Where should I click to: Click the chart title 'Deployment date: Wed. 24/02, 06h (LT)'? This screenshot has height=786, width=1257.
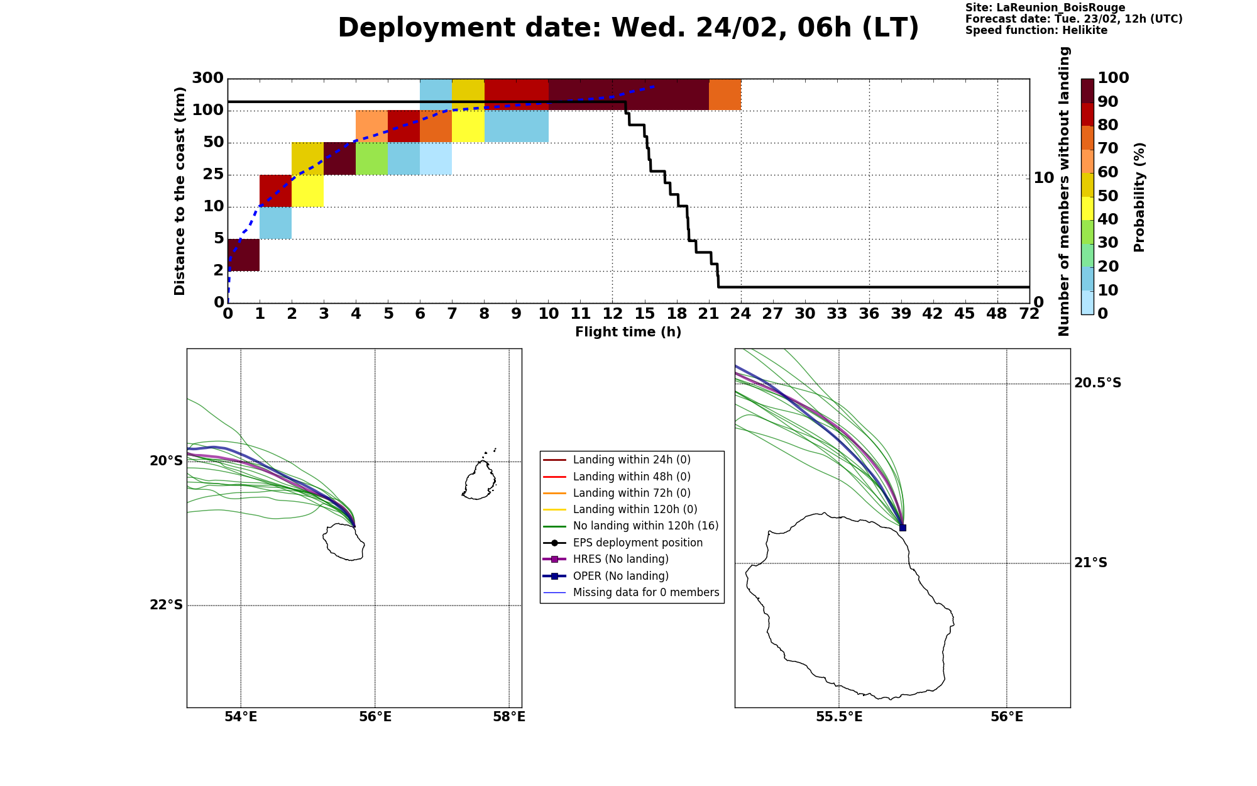pyautogui.click(x=628, y=28)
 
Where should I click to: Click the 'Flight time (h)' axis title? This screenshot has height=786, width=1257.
pyautogui.click(x=628, y=332)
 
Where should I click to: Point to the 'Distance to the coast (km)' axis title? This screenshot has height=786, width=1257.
pyautogui.click(x=180, y=191)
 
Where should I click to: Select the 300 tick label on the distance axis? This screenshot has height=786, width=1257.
pyautogui.click(x=207, y=79)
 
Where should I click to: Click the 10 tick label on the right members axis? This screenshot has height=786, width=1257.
pyautogui.click(x=1044, y=178)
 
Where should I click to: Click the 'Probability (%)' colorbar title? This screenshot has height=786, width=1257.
pyautogui.click(x=1140, y=197)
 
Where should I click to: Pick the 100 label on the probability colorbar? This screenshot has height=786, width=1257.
pyautogui.click(x=1113, y=78)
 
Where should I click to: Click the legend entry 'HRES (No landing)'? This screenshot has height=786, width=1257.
pyautogui.click(x=621, y=560)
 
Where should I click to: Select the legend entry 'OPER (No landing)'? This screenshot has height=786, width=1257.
pyautogui.click(x=621, y=576)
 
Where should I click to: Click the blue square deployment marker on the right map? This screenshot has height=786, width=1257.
pyautogui.click(x=903, y=528)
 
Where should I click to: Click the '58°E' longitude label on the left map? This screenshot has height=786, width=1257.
pyautogui.click(x=509, y=717)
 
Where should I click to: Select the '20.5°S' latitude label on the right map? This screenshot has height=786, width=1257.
pyautogui.click(x=1097, y=383)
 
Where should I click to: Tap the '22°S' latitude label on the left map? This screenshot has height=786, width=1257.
pyautogui.click(x=167, y=605)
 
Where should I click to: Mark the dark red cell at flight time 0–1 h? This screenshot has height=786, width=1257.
pyautogui.click(x=244, y=255)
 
